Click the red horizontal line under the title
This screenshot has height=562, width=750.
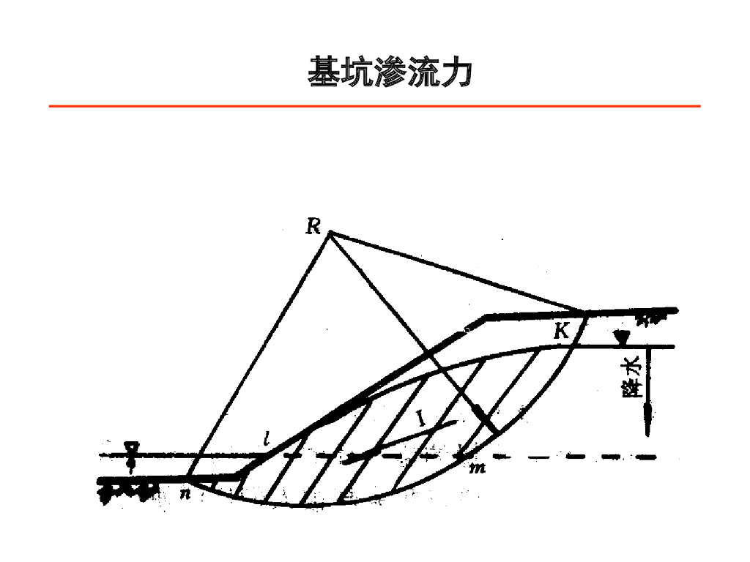pyautogui.click(x=374, y=106)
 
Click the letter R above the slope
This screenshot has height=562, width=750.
pyautogui.click(x=313, y=226)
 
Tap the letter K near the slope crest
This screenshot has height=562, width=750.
pyautogui.click(x=561, y=331)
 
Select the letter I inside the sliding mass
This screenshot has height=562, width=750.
pyautogui.click(x=421, y=419)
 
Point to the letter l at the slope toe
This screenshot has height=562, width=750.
pyautogui.click(x=268, y=441)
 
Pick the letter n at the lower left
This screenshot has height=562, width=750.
pyautogui.click(x=185, y=494)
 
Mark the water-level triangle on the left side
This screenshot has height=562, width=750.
pyautogui.click(x=131, y=447)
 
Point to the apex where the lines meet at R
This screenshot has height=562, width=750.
pyautogui.click(x=330, y=232)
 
